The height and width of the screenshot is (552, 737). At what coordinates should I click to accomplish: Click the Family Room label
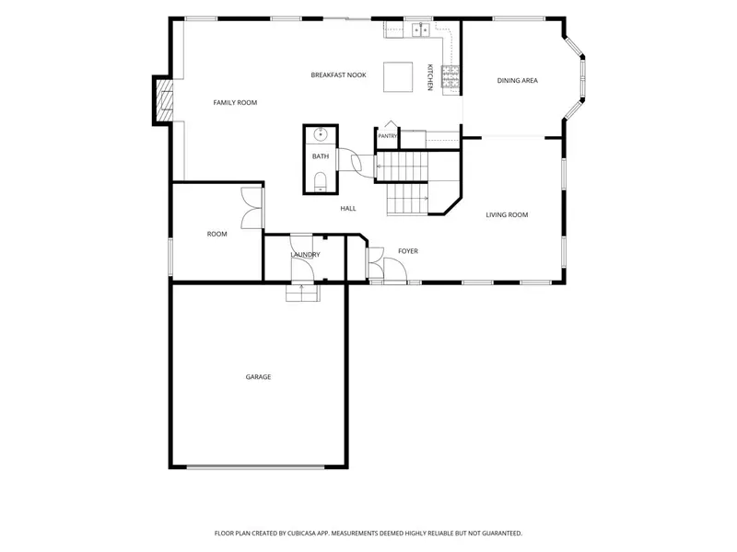point(235,103)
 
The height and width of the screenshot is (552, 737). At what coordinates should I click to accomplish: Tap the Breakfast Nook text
point(338,75)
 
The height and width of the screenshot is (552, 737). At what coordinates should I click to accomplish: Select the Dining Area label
point(518,81)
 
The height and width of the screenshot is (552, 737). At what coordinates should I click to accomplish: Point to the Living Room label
point(507,215)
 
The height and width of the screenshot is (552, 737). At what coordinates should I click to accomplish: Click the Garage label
point(258,377)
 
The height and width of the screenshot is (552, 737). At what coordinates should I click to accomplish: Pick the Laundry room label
point(305,255)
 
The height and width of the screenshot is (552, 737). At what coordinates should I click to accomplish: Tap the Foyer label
point(408,251)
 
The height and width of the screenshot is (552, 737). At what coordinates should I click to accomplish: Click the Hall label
point(348,209)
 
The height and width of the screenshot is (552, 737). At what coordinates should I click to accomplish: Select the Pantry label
point(388,136)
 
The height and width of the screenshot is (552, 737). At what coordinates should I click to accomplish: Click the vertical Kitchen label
point(429,77)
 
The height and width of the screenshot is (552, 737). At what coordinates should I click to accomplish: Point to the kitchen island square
point(398,77)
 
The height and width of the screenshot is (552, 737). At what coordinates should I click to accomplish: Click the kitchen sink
point(421,29)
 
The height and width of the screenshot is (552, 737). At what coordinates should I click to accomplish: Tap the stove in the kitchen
point(450,77)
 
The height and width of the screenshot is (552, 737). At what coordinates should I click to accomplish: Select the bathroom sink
point(321,134)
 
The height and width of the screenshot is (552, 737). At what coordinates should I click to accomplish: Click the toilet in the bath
point(321,181)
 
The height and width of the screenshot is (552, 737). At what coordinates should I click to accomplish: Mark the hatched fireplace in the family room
point(165,100)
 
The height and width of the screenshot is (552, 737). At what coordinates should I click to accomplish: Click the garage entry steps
point(303,293)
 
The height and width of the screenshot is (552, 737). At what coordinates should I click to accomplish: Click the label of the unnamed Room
point(217,235)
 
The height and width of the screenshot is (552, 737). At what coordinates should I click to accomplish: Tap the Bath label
point(321,156)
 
